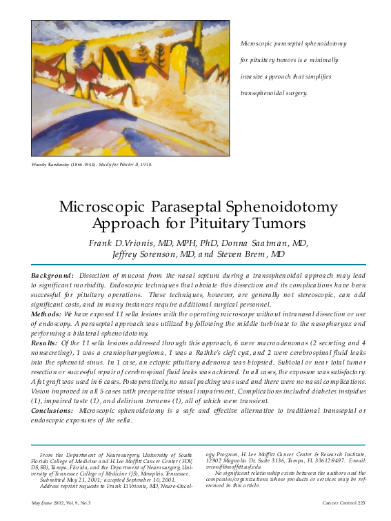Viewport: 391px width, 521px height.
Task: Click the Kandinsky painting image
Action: (130, 88)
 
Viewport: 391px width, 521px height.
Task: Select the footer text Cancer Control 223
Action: (344, 504)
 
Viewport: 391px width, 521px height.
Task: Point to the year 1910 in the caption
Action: (146, 165)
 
